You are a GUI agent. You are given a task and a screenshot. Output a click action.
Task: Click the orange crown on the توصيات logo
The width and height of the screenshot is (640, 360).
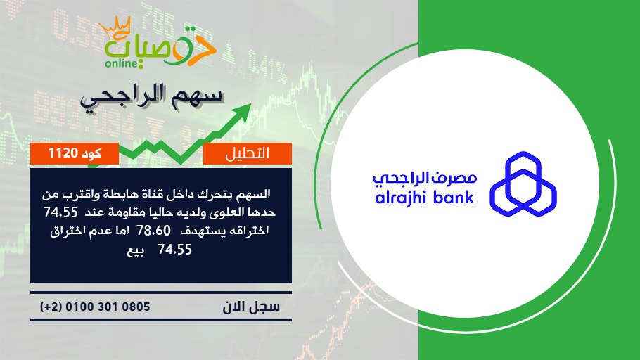[115, 29]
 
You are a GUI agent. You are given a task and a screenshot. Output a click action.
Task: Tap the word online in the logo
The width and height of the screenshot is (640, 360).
[122, 63]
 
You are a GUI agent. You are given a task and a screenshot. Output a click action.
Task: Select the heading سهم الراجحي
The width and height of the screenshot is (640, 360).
[152, 97]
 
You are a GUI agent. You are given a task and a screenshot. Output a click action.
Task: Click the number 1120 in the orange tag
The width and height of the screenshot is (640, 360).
[63, 153]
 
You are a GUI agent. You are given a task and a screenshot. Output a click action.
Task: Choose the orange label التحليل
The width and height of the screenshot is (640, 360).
[248, 153]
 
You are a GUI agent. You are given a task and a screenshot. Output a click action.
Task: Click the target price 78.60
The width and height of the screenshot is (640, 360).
[153, 231]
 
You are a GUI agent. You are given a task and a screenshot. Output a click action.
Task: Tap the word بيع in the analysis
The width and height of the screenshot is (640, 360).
[135, 250]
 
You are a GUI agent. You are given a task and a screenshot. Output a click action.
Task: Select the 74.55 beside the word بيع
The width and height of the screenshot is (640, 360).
[174, 250]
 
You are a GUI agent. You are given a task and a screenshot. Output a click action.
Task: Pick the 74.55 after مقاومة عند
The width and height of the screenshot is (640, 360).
[60, 212]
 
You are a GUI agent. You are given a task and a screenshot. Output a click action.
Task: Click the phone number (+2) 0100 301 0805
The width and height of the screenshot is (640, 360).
[95, 307]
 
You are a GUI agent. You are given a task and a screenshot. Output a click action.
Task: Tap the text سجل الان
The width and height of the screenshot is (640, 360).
[251, 307]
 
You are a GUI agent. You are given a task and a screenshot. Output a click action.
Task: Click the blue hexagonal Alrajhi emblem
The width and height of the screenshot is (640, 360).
[523, 184]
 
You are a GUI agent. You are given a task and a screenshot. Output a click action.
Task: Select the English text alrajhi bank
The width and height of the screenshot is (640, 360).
[425, 198]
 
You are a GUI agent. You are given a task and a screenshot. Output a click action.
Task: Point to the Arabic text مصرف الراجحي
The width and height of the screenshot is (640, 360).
[425, 179]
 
